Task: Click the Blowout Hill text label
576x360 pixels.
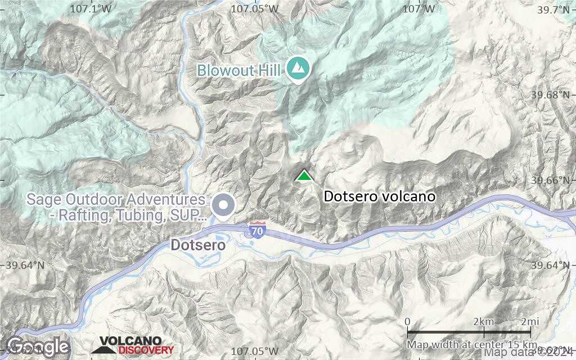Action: pos(240,70)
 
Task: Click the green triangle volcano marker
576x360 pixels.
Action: pos(304,176)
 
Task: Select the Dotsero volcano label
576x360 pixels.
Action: pos(380,196)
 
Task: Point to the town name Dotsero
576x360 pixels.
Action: pos(198,245)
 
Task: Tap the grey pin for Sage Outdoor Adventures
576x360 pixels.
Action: pos(225,206)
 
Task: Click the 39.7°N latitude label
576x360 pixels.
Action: pos(553,9)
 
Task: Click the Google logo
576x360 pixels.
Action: pos(38,345)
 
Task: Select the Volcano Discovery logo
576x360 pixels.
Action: pos(133,345)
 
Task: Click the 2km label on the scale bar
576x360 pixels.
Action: pos(483,321)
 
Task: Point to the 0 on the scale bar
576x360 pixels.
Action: pos(407,321)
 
